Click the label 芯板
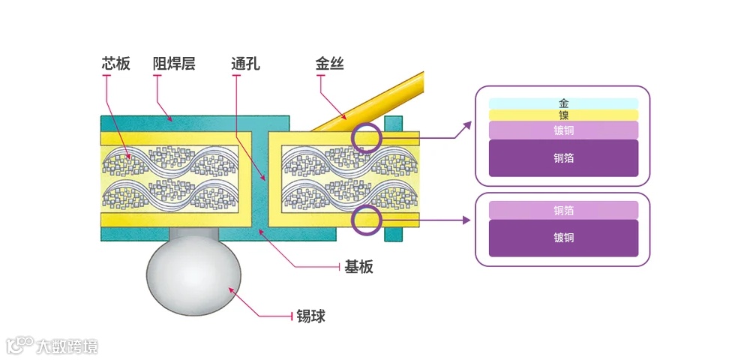(116, 64)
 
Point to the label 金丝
(329, 64)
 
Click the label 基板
(358, 267)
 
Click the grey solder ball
(193, 277)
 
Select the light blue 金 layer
(563, 103)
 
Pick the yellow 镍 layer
(563, 115)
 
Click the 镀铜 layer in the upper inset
(563, 130)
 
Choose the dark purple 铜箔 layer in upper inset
(563, 158)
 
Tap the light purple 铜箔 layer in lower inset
(563, 210)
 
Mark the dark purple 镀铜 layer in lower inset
(563, 238)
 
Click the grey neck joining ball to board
(193, 235)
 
